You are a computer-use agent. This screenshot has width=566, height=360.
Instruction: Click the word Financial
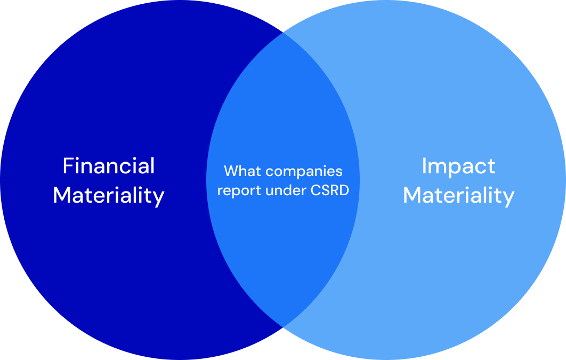(109, 166)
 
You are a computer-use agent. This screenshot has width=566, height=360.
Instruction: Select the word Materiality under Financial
(109, 195)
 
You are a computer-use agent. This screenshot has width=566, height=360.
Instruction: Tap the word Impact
(458, 166)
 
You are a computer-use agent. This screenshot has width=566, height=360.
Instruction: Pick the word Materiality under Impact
(458, 195)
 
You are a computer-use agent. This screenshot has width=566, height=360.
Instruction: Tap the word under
(280, 190)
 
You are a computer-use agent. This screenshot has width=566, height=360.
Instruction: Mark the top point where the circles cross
(283, 33)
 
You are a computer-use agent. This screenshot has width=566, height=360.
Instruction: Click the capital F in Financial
(68, 166)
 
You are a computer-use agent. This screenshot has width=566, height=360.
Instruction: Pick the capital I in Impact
(424, 166)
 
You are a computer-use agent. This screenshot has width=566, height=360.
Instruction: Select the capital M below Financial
(62, 195)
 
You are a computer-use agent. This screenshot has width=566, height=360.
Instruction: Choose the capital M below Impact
(412, 195)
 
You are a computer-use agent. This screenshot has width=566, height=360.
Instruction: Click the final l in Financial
(152, 166)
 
